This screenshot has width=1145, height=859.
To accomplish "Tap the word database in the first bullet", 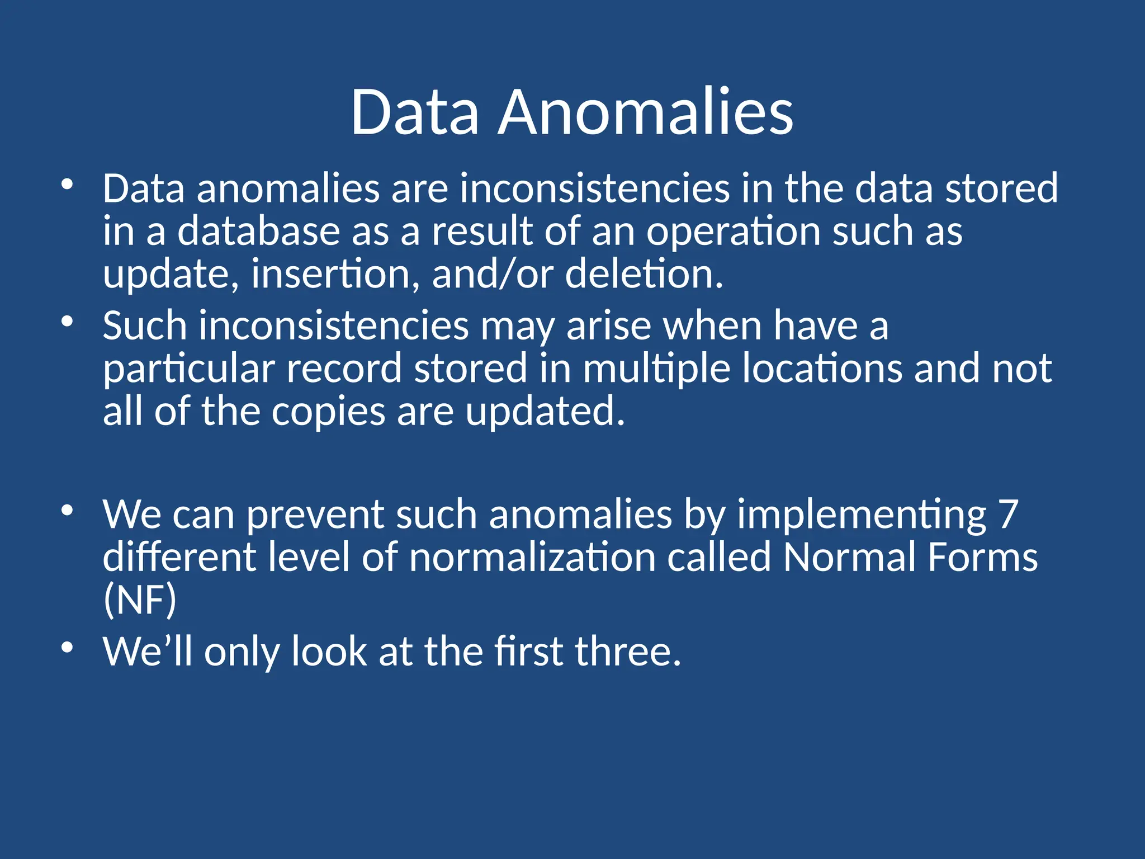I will point(258,232).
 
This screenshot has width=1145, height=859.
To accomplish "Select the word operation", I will point(734,232).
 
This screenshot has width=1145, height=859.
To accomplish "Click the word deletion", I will point(644,274).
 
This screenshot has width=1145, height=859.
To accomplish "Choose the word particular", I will point(189,369).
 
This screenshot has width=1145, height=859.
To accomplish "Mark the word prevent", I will point(315,515).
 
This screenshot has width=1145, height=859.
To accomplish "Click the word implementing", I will point(862,515).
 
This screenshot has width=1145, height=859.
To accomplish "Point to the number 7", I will point(1007,515).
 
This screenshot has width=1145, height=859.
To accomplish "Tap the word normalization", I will point(532,557).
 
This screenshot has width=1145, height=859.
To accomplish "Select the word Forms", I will point(982,557).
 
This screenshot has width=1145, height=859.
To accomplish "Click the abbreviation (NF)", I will point(140,600).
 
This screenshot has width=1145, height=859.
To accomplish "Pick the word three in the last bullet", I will point(627,652).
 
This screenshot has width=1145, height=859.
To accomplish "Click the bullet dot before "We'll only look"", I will point(67,648).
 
